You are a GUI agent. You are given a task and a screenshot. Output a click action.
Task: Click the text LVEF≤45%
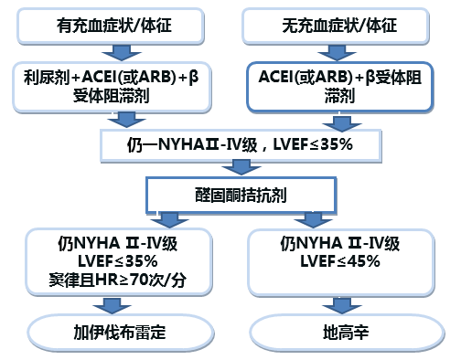tap(340, 261)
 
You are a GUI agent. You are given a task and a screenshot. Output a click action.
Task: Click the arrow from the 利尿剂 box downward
tap(120, 117)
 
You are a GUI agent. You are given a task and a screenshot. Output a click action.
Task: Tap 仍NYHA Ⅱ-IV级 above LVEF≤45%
tap(340, 244)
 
